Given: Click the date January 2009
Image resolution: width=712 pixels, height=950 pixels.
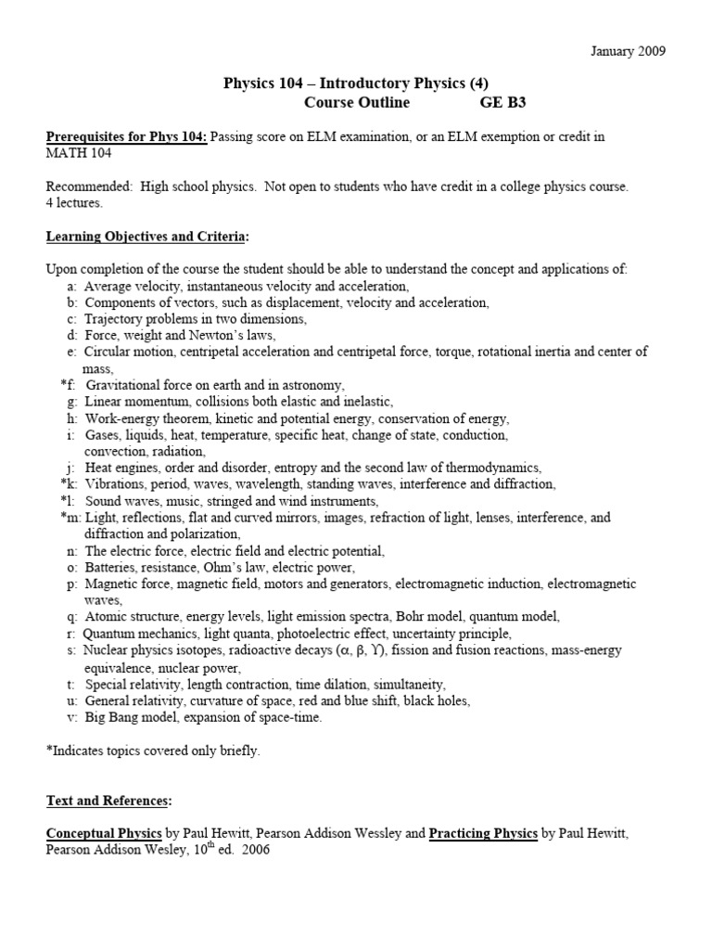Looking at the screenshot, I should click(628, 50).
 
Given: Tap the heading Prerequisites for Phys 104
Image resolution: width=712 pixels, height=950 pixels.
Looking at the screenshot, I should click(127, 137).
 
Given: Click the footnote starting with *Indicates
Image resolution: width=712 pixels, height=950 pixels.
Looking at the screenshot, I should click(153, 751).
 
